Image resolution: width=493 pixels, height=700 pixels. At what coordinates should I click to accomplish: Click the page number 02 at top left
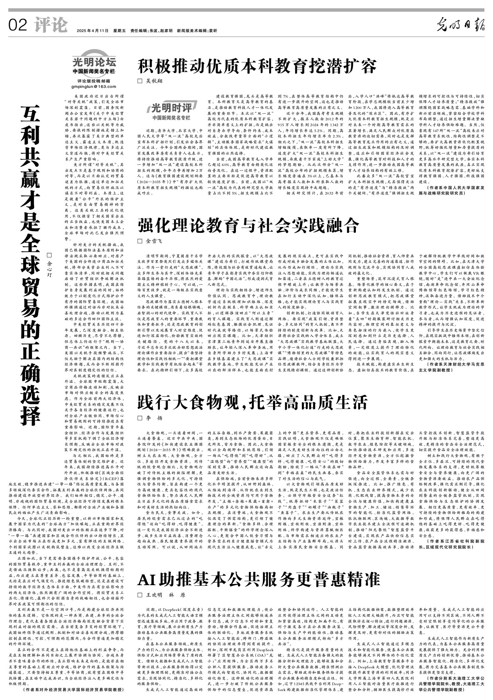point(18,26)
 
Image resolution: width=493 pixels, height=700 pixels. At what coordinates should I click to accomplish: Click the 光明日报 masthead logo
point(460,25)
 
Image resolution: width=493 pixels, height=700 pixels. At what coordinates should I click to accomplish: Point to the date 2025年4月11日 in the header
point(92,31)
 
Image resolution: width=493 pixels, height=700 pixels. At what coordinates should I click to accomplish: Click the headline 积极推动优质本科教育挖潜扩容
point(257,66)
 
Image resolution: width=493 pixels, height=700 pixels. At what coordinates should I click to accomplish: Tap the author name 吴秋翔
point(154,81)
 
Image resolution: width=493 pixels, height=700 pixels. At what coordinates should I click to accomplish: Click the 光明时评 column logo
point(172,108)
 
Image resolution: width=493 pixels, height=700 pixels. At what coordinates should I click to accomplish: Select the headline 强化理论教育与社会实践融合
point(248,225)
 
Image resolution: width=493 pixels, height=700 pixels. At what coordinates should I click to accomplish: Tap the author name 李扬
point(154,418)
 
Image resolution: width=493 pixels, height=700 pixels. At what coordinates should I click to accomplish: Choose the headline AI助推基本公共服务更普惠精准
point(259,580)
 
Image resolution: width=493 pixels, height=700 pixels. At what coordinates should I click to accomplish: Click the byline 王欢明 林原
point(165,595)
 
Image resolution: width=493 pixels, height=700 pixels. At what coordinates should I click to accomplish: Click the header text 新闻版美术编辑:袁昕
point(197,31)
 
